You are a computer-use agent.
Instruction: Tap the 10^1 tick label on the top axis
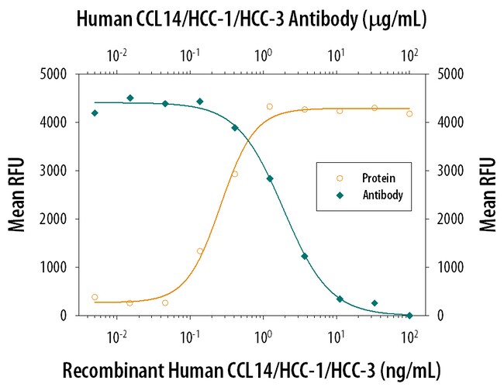coord(336,55)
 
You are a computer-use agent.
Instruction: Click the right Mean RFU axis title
coord(487,195)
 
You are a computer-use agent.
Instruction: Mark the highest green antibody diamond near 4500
coord(130,98)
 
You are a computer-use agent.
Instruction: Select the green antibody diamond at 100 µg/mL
coord(409,315)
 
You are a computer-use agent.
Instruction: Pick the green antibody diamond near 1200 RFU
coord(305,256)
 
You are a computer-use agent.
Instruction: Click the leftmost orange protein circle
coord(95,297)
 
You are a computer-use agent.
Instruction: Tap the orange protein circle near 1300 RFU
coord(200,251)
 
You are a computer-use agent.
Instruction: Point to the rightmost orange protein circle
coord(409,113)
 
